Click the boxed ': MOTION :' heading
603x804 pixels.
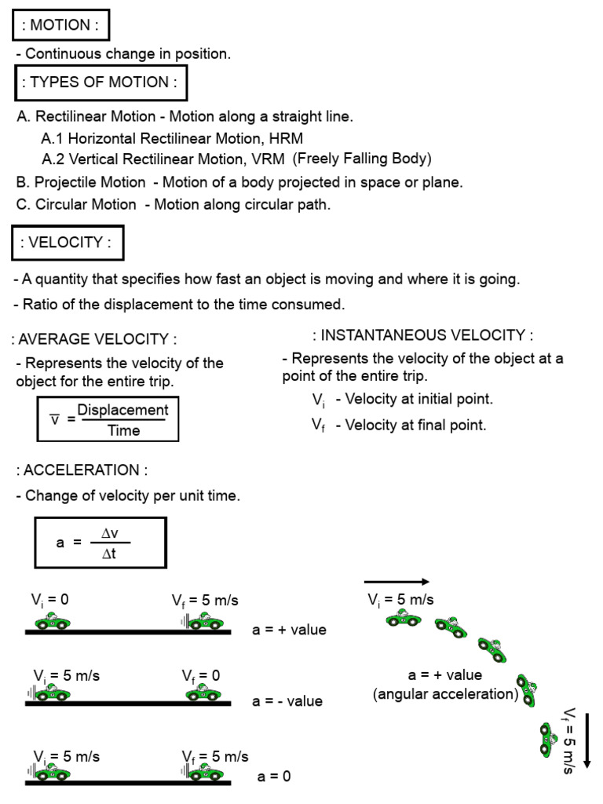click(60, 24)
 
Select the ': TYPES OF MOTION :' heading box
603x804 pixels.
click(99, 82)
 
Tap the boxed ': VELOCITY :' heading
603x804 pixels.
click(68, 243)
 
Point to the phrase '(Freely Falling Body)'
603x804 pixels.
click(362, 159)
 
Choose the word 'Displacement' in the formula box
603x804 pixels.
click(122, 411)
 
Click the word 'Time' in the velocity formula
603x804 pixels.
click(123, 430)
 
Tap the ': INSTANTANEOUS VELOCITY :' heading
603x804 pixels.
click(422, 336)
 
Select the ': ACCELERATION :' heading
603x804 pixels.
click(82, 470)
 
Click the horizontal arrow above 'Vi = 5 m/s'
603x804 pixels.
click(397, 582)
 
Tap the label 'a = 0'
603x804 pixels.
click(274, 777)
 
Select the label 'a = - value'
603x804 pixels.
click(287, 701)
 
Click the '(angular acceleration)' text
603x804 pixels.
click(446, 694)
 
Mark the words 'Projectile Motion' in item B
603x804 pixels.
click(90, 182)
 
